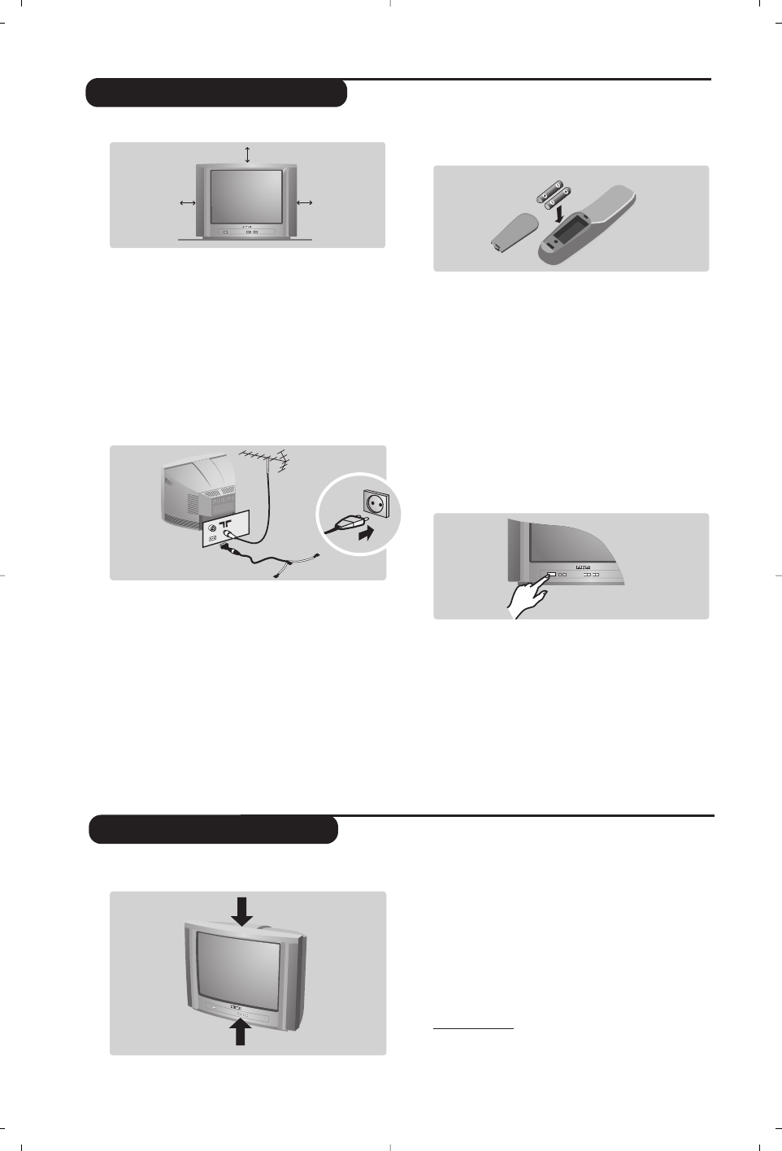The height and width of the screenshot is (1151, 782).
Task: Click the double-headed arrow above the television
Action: tap(247, 154)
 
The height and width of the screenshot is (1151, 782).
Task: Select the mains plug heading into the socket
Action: tap(343, 524)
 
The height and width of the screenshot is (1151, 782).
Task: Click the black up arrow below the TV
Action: tap(241, 1032)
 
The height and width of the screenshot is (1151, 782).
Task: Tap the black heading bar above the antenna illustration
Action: tap(217, 93)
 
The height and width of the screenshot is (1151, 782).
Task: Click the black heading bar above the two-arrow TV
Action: tap(213, 830)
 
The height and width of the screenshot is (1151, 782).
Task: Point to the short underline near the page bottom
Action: tap(473, 1028)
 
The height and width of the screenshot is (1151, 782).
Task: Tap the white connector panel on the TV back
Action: tap(227, 529)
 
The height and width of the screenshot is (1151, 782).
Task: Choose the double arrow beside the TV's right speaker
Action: tap(305, 202)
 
